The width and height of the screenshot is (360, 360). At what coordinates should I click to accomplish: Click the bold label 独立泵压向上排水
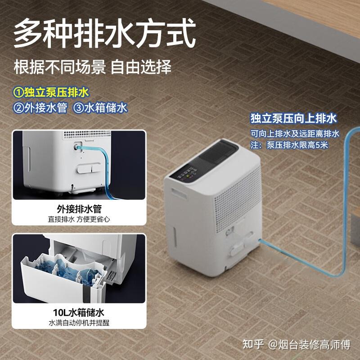coord(293,119)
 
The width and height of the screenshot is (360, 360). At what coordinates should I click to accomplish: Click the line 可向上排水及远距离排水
coord(295,134)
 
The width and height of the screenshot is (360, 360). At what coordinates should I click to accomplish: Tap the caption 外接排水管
coord(79,209)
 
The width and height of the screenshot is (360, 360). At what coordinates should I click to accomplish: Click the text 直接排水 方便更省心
coord(79,220)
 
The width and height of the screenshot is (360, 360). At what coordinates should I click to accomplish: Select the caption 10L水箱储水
coord(79,312)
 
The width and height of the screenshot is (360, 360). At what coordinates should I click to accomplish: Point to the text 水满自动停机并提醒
coord(79,323)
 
